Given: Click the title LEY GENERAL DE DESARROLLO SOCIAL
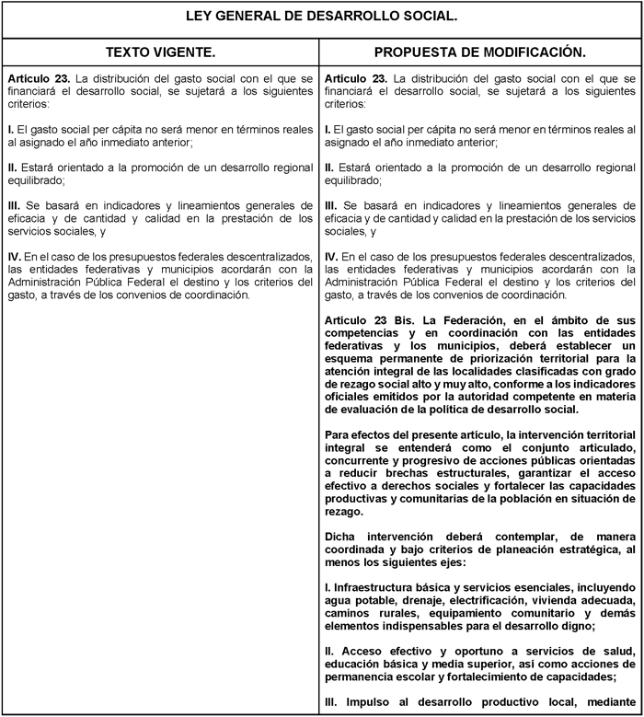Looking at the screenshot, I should click(x=321, y=17).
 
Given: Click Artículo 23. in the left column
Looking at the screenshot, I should click(x=36, y=79).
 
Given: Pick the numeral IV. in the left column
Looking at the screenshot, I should click(x=15, y=256).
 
